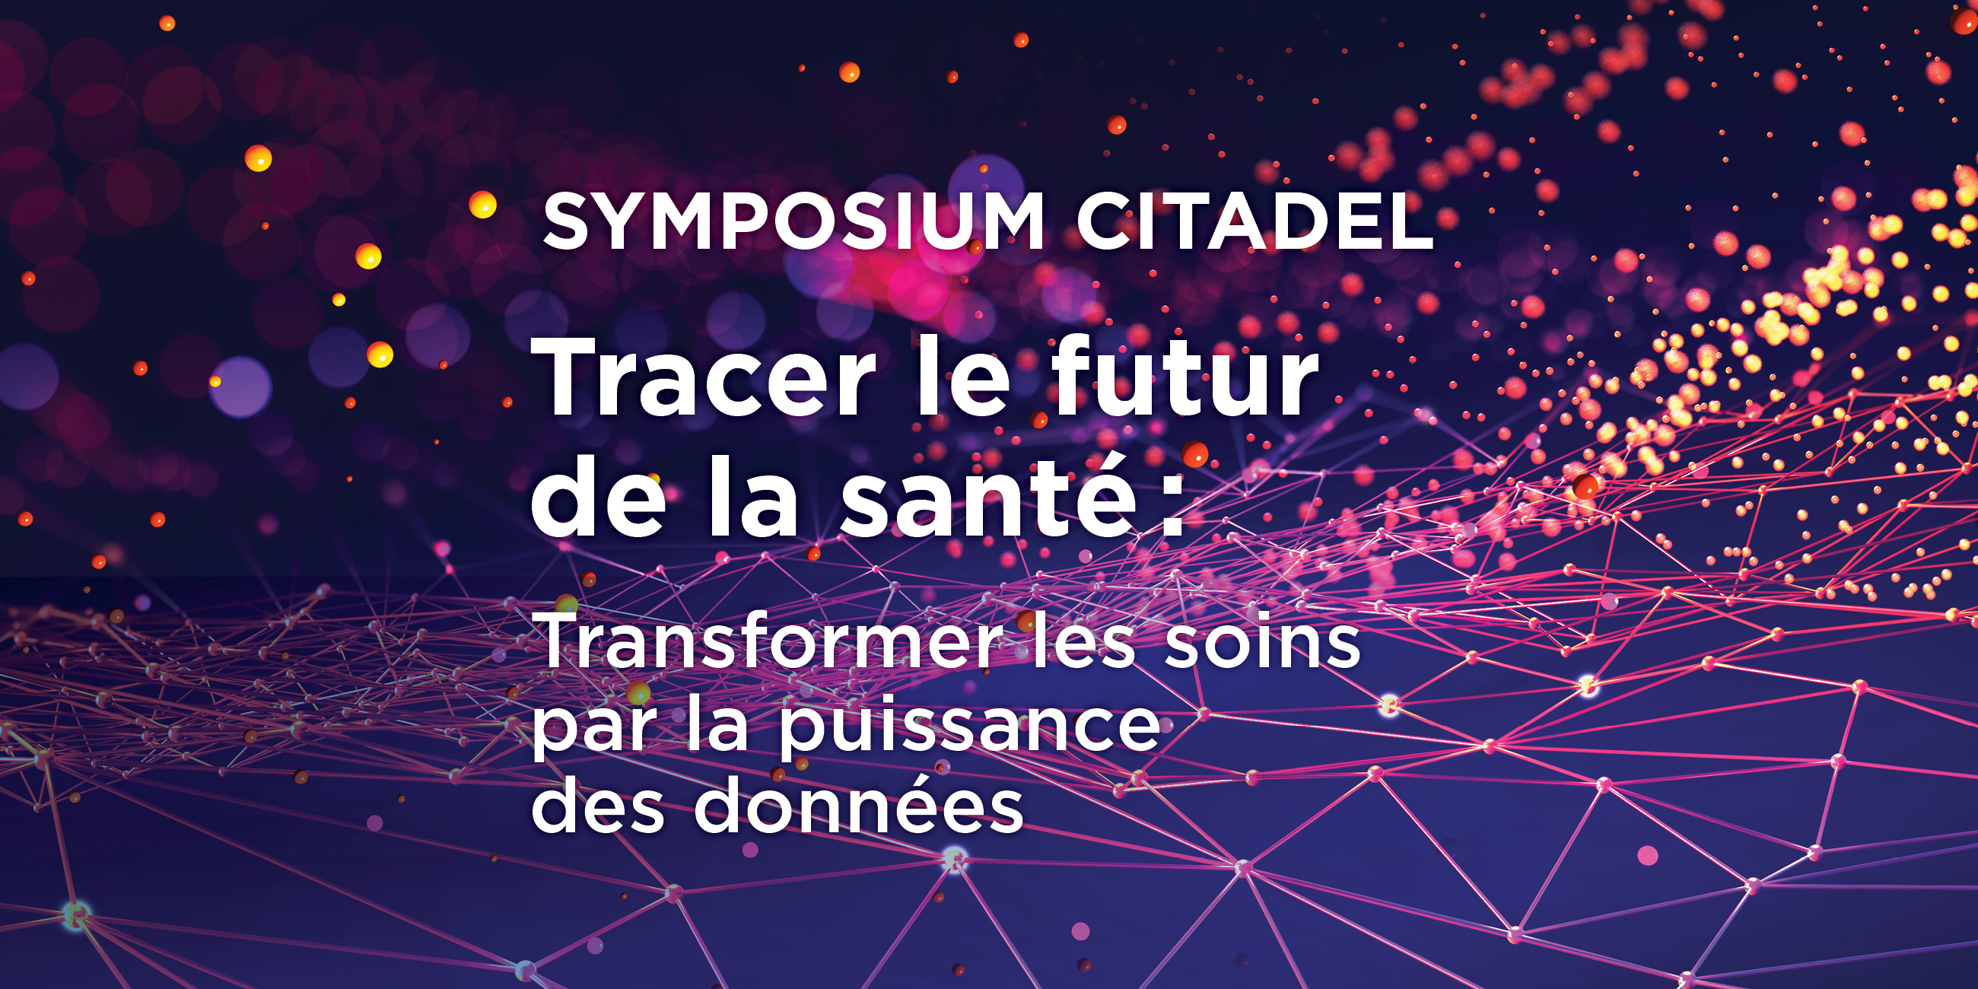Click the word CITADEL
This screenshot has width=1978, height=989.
point(1255,221)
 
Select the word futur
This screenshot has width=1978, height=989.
point(1185,377)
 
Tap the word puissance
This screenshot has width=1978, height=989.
point(970,725)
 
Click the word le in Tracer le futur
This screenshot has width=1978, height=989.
point(962,377)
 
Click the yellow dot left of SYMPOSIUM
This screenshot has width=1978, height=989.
point(483,205)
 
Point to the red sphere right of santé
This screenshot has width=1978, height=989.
point(1194,454)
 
